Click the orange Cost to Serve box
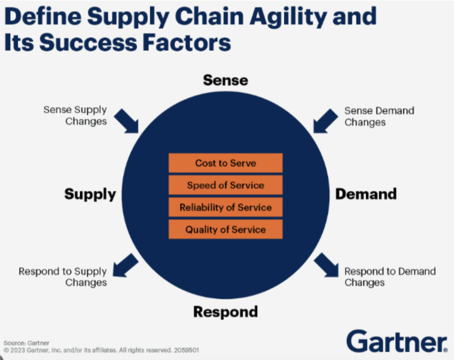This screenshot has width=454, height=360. [x=225, y=163]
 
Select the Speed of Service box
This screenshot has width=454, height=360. [x=225, y=185]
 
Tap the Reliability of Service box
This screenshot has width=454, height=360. [x=225, y=207]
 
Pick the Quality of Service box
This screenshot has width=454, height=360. [x=225, y=229]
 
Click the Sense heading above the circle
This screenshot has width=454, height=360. [x=225, y=80]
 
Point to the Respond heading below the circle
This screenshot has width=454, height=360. [x=225, y=312]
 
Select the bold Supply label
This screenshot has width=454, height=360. [x=90, y=194]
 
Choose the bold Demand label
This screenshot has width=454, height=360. [x=366, y=194]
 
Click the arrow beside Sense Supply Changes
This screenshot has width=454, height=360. [x=127, y=121]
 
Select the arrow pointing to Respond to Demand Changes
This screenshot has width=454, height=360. [x=327, y=266]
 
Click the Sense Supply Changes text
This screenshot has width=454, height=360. [x=75, y=115]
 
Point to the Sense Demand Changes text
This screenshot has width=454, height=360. [x=379, y=116]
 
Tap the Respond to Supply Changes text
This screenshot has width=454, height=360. [x=63, y=277]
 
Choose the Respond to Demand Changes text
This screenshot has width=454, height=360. [x=390, y=277]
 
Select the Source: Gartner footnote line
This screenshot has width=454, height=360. [x=21, y=343]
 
